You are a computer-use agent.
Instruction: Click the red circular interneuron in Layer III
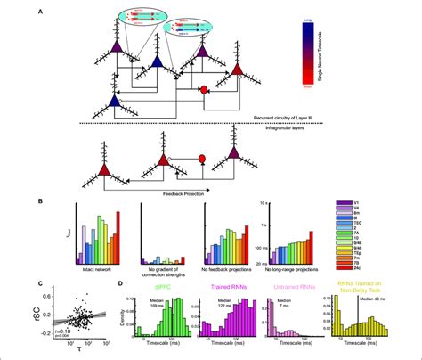tap(204, 90)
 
